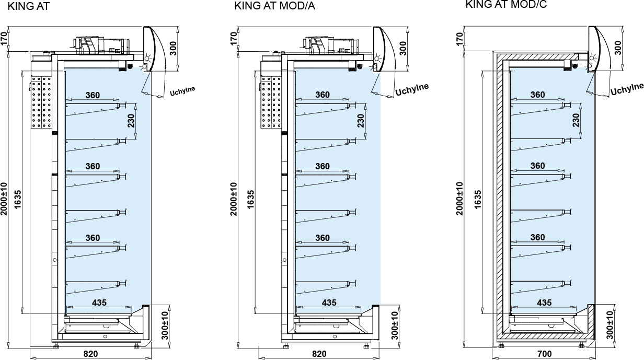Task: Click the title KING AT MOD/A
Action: point(275,6)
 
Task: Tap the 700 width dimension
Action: point(544,354)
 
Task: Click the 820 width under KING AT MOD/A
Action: point(319,354)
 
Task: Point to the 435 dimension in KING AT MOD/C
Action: point(544,303)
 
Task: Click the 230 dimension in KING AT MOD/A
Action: point(361,121)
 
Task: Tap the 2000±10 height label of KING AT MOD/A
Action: point(234,199)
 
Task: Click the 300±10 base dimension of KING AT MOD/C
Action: point(610,325)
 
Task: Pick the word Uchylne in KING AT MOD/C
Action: point(627,89)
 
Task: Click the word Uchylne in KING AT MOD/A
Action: point(412,89)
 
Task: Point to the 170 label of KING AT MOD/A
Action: point(234,38)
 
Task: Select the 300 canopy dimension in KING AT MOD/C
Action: point(618,48)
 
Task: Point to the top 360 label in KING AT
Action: point(92,95)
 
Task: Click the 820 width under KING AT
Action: point(90,354)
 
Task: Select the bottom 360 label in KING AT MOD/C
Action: point(537,237)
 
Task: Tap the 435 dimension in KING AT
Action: point(99,303)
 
